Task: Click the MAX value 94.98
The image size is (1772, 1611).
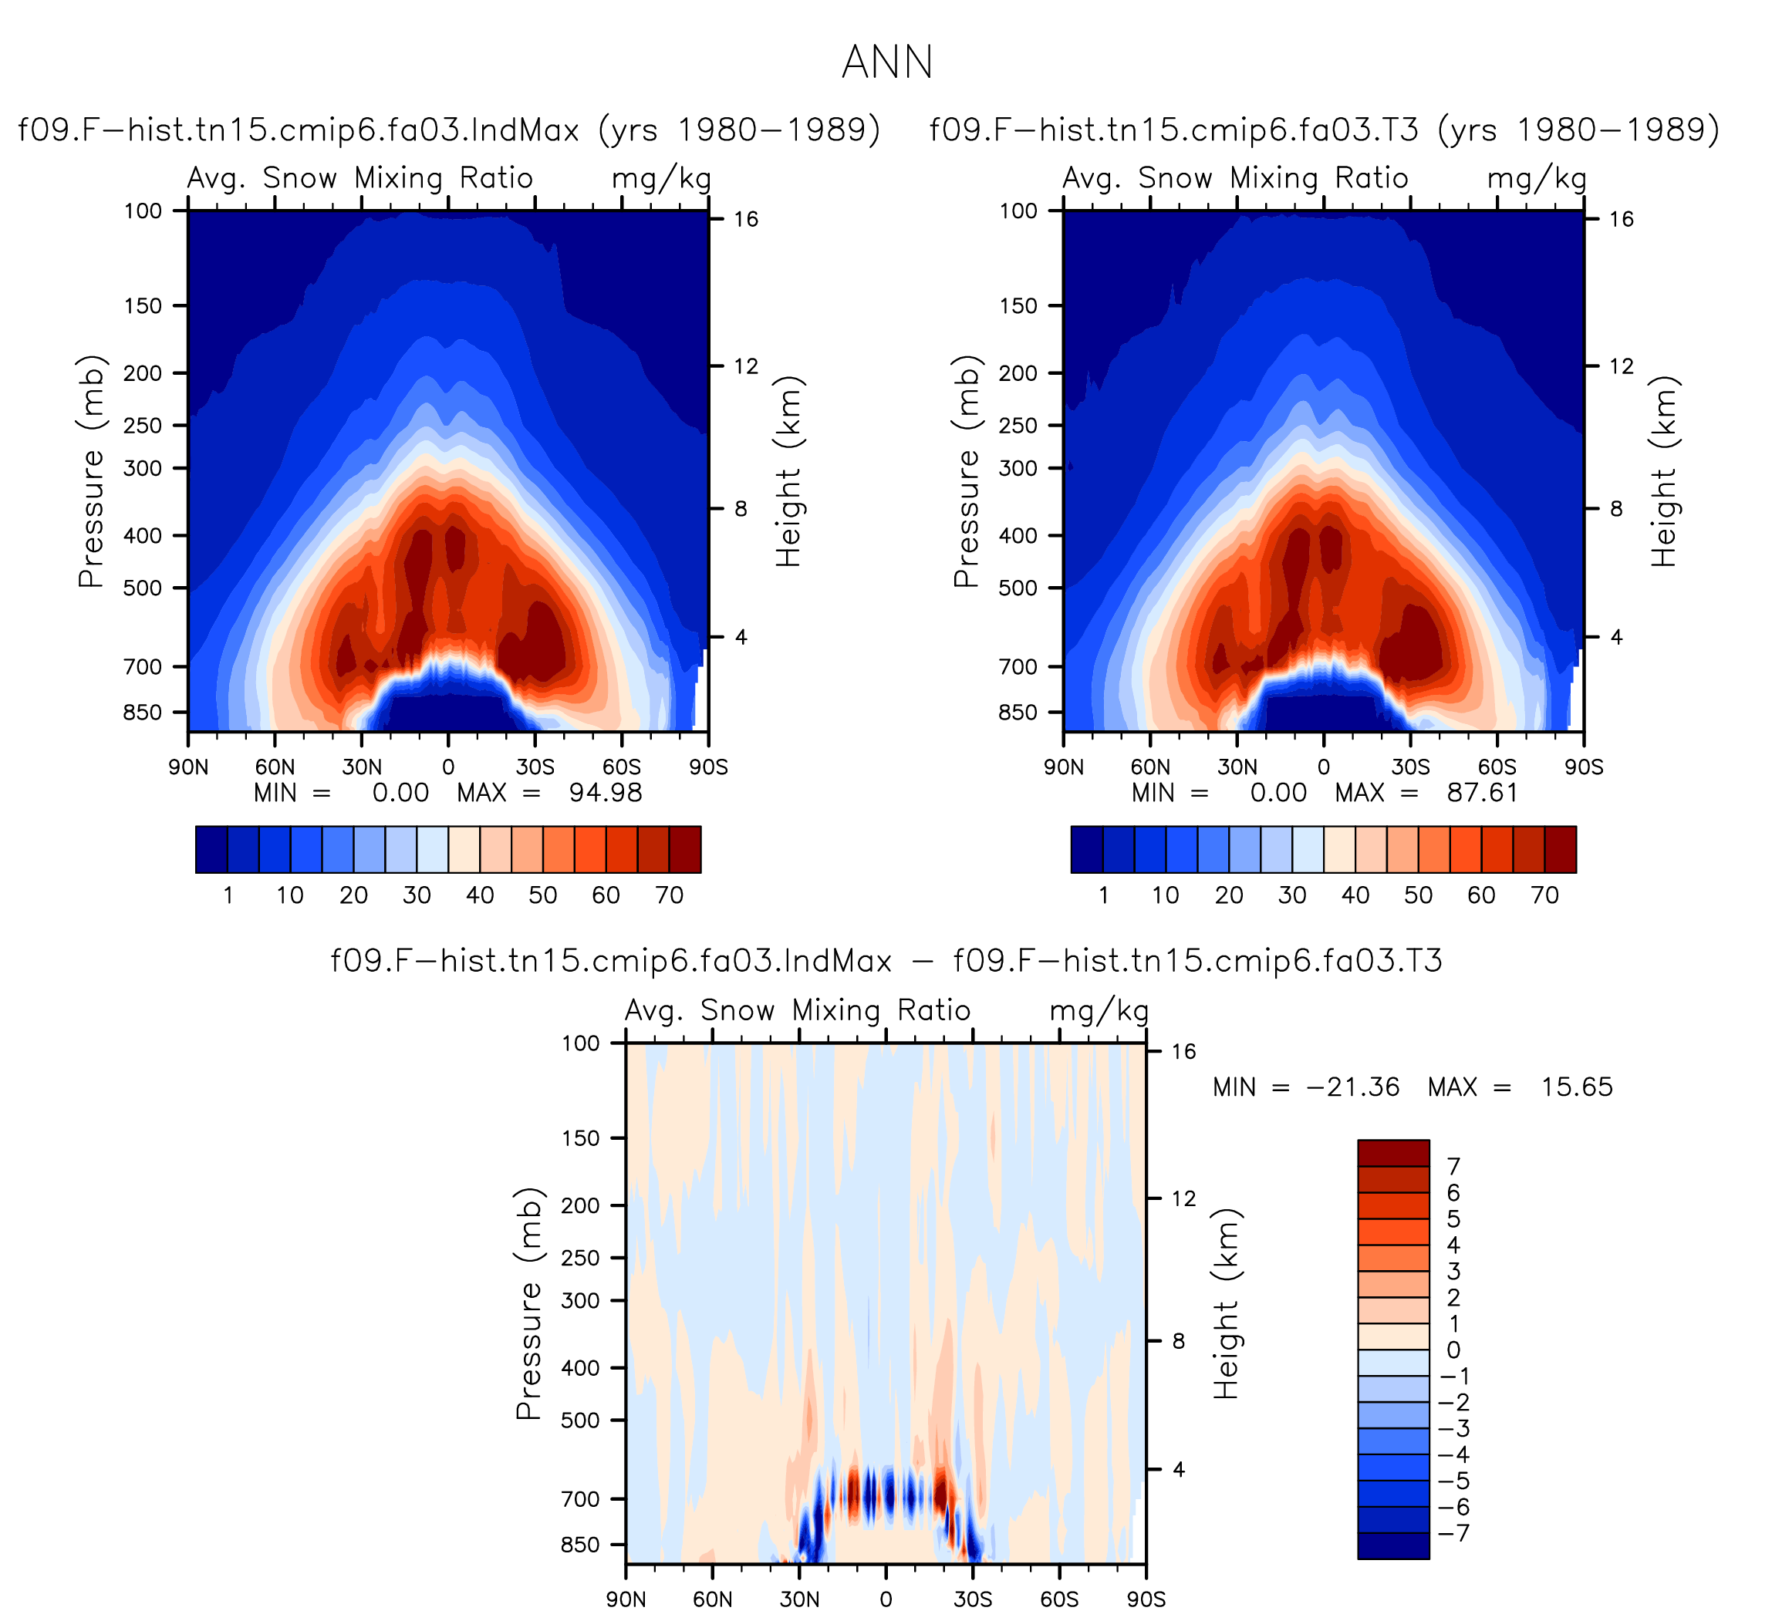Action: click(x=606, y=793)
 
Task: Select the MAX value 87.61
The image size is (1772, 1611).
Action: click(x=1483, y=793)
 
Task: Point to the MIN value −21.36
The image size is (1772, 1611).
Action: click(x=1353, y=1087)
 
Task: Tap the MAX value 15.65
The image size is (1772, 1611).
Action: click(x=1577, y=1087)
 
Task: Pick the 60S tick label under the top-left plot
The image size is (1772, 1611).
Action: click(x=622, y=767)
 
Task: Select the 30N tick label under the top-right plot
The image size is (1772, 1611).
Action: click(x=1237, y=767)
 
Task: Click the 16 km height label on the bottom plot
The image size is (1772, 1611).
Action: click(x=1184, y=1051)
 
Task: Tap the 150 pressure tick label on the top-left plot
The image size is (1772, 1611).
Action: click(x=143, y=306)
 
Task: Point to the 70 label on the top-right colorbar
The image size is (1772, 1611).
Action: click(x=1544, y=895)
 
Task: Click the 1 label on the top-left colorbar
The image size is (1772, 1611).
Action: click(x=228, y=895)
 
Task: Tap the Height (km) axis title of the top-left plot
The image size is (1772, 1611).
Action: click(x=789, y=471)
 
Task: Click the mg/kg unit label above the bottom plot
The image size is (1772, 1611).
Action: click(x=1099, y=1012)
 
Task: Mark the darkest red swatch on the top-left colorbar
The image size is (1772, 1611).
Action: click(x=685, y=849)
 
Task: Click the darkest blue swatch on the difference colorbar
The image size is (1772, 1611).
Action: click(x=1393, y=1546)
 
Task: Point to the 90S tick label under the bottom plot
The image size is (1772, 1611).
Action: click(x=1146, y=1599)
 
